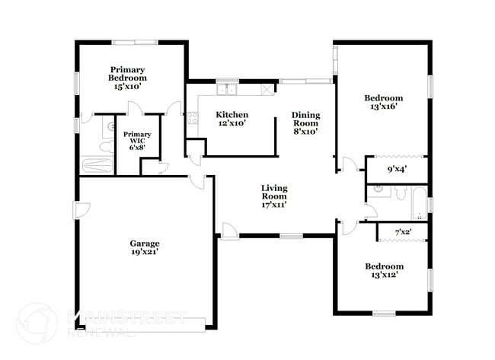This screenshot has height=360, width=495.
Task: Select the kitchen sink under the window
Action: click(227, 91)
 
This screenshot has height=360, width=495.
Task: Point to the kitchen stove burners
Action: click(193, 118)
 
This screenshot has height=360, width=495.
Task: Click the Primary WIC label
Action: click(138, 134)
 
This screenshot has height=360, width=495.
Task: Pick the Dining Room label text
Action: click(306, 119)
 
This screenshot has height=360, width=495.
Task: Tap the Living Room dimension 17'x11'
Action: click(274, 204)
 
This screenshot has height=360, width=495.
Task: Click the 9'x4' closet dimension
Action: click(396, 169)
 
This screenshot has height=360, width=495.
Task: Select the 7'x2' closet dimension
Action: click(403, 231)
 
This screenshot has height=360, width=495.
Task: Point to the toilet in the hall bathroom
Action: click(399, 192)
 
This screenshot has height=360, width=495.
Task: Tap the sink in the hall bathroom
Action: click(378, 192)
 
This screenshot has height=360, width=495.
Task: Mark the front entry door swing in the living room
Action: click(228, 228)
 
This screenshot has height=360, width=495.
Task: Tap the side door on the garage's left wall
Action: click(82, 209)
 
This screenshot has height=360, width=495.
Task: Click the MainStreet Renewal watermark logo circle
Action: click(37, 323)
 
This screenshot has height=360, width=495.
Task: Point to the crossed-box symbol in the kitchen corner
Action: click(267, 90)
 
